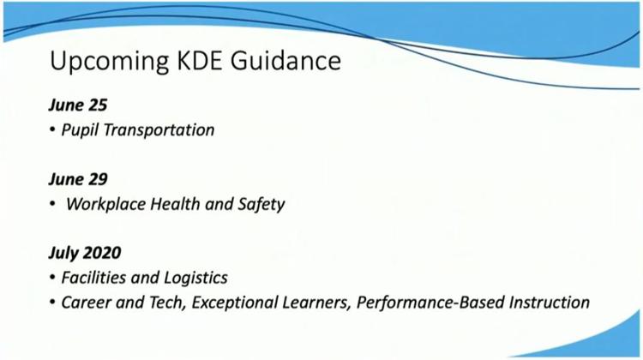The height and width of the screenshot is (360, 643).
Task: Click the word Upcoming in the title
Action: pos(109,62)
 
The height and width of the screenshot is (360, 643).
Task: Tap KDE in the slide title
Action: pos(200,60)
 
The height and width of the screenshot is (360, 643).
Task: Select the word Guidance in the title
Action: pos(285,60)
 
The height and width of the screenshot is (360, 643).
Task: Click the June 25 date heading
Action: pos(78,105)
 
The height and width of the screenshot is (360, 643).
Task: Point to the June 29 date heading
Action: pos(78,179)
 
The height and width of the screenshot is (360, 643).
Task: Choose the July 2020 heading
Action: pos(85,253)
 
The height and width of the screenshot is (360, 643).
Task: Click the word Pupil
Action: pos(80,131)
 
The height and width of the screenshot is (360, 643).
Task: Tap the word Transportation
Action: pos(159,130)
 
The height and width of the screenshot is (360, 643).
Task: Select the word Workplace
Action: pos(105,205)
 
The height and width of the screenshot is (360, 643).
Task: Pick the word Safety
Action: pos(261,205)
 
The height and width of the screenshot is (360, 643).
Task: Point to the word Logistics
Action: pos(195,279)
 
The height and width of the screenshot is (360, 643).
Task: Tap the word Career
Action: pos(86,303)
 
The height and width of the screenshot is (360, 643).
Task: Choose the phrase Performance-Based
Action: pos(430,303)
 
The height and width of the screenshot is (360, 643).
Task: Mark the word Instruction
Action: pos(550,303)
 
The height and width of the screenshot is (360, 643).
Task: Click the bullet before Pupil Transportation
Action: pos(52,130)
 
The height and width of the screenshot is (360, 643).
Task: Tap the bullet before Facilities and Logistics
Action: pos(52,278)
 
